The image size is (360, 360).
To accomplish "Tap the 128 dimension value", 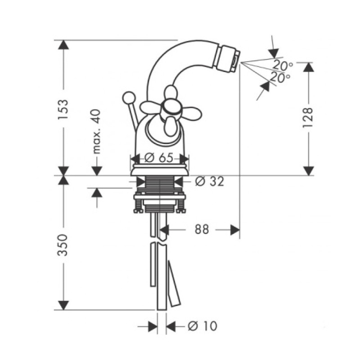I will click(x=308, y=118).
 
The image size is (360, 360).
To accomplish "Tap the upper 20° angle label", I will click(x=283, y=66).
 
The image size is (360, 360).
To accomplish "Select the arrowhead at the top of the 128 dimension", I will click(x=308, y=67).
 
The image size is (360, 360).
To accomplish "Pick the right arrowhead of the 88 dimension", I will click(x=234, y=229).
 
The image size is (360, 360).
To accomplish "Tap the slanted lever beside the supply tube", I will click(x=173, y=283).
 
